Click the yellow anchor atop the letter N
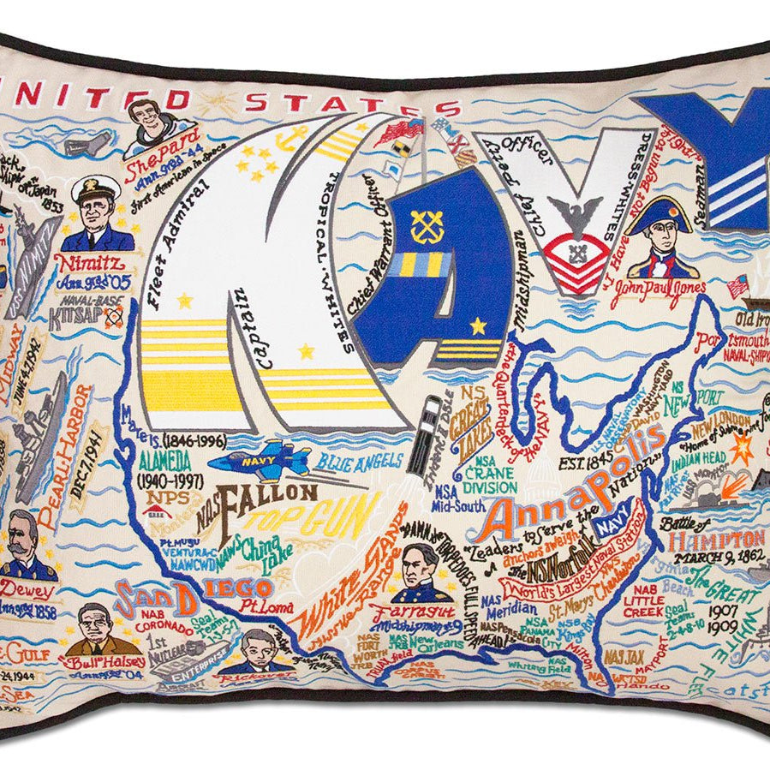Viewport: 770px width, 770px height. click(x=295, y=136)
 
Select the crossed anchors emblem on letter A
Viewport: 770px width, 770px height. click(x=426, y=224)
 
